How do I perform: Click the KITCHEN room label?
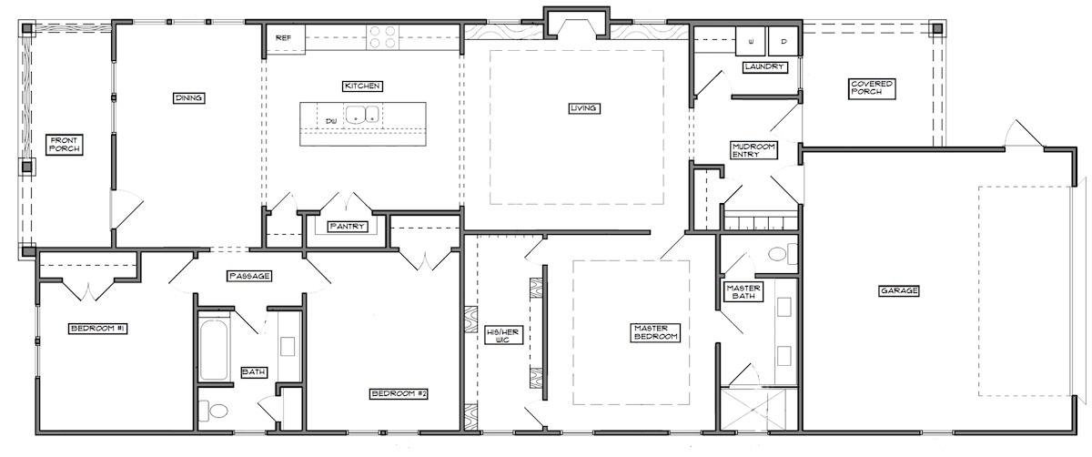[x=362, y=86]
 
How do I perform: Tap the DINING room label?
[x=188, y=98]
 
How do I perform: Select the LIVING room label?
[x=583, y=108]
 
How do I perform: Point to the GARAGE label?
[x=899, y=290]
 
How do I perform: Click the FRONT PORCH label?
[x=65, y=145]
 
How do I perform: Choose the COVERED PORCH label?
[x=872, y=87]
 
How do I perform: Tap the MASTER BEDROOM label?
[x=655, y=332]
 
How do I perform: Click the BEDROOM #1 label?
[x=98, y=329]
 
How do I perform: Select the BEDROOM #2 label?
[x=399, y=393]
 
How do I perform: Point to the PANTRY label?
[x=347, y=227]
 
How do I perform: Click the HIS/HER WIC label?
[x=502, y=336]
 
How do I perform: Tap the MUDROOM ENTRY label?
[x=753, y=150]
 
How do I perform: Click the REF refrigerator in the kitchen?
[x=286, y=37]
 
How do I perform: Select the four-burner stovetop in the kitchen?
[x=383, y=37]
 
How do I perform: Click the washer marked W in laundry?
[x=750, y=41]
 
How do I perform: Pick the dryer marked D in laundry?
[x=784, y=41]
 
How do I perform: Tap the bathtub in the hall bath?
[x=214, y=350]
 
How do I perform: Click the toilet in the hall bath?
[x=214, y=411]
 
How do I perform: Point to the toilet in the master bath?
[x=782, y=254]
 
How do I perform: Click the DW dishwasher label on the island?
[x=331, y=120]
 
